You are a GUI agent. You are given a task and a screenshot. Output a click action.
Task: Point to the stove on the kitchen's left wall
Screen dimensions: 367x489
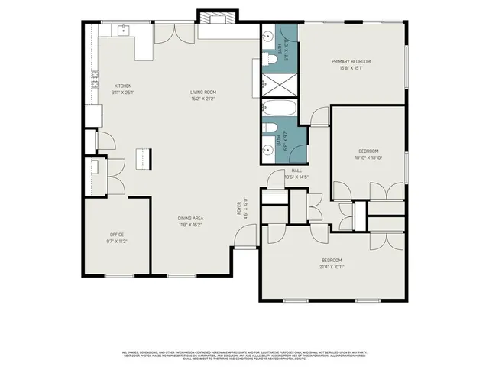pyautogui.click(x=96, y=78)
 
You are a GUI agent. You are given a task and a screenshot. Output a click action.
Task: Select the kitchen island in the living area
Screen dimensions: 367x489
pyautogui.click(x=141, y=158)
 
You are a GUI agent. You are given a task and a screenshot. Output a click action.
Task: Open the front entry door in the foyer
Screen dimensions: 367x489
pyautogui.click(x=244, y=241)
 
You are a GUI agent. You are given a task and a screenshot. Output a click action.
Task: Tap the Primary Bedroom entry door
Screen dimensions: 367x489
pyautogui.click(x=319, y=116)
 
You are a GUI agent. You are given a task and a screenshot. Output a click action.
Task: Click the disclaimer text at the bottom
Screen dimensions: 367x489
pyautogui.click(x=244, y=355)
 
